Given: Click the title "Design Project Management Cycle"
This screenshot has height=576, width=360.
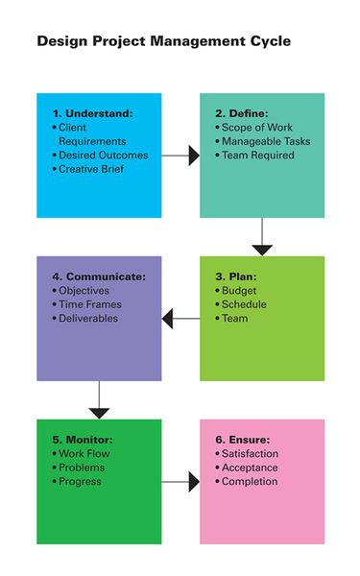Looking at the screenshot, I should pos(163,42).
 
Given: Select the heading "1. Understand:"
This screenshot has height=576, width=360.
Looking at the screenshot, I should pos(93,113).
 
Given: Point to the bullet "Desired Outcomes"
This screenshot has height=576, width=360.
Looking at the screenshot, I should pos(102,155).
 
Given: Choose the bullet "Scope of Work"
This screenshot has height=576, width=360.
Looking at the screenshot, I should pos(257,128).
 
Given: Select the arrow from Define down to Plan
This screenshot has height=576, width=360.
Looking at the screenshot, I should pos(262,236).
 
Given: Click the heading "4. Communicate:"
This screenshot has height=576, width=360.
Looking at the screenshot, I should pos(100,276).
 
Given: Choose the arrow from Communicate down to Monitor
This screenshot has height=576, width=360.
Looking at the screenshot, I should pos(99,399).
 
